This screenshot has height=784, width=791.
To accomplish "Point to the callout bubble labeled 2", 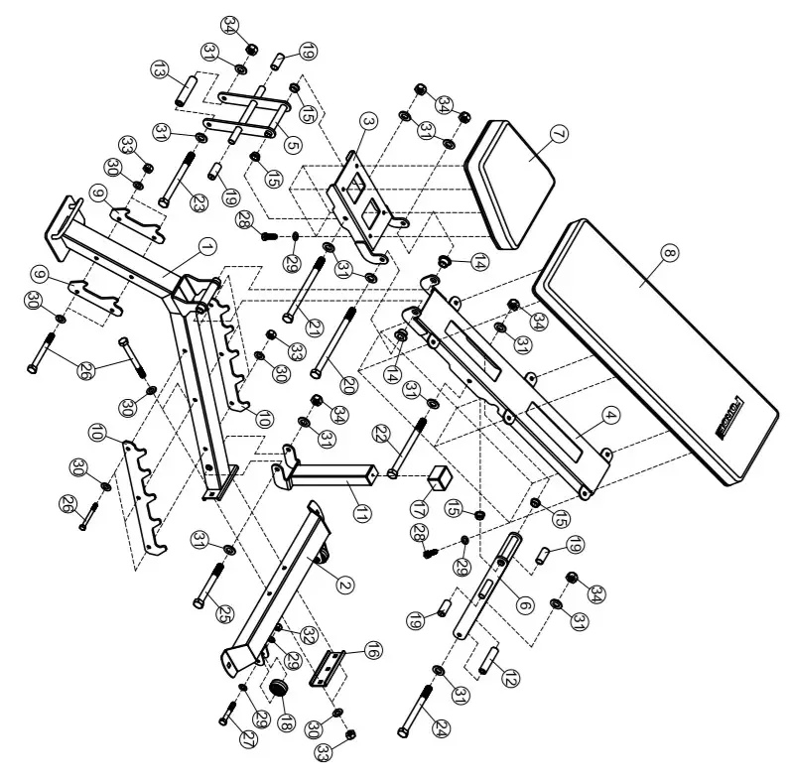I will (x=344, y=584).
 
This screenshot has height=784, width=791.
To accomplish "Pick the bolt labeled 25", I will (x=210, y=583).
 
